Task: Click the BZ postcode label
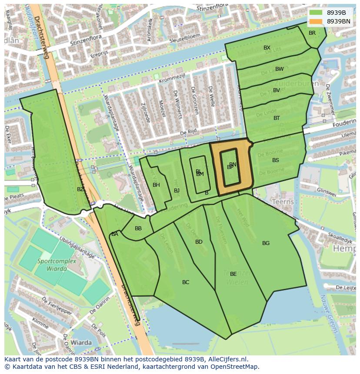point(80,189)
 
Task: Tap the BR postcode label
point(312,33)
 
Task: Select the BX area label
point(267,48)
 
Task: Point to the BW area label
point(279,69)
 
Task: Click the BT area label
point(277,118)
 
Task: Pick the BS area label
point(276,160)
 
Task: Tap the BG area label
point(266,243)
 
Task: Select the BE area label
point(233,274)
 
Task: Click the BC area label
point(186,282)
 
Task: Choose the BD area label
point(199,242)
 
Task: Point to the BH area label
point(156,185)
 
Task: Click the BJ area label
point(177,191)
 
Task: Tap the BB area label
point(138,228)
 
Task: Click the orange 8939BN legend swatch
point(317,21)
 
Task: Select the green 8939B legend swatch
point(317,13)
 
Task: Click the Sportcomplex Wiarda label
point(57,265)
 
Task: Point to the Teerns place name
point(282,202)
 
